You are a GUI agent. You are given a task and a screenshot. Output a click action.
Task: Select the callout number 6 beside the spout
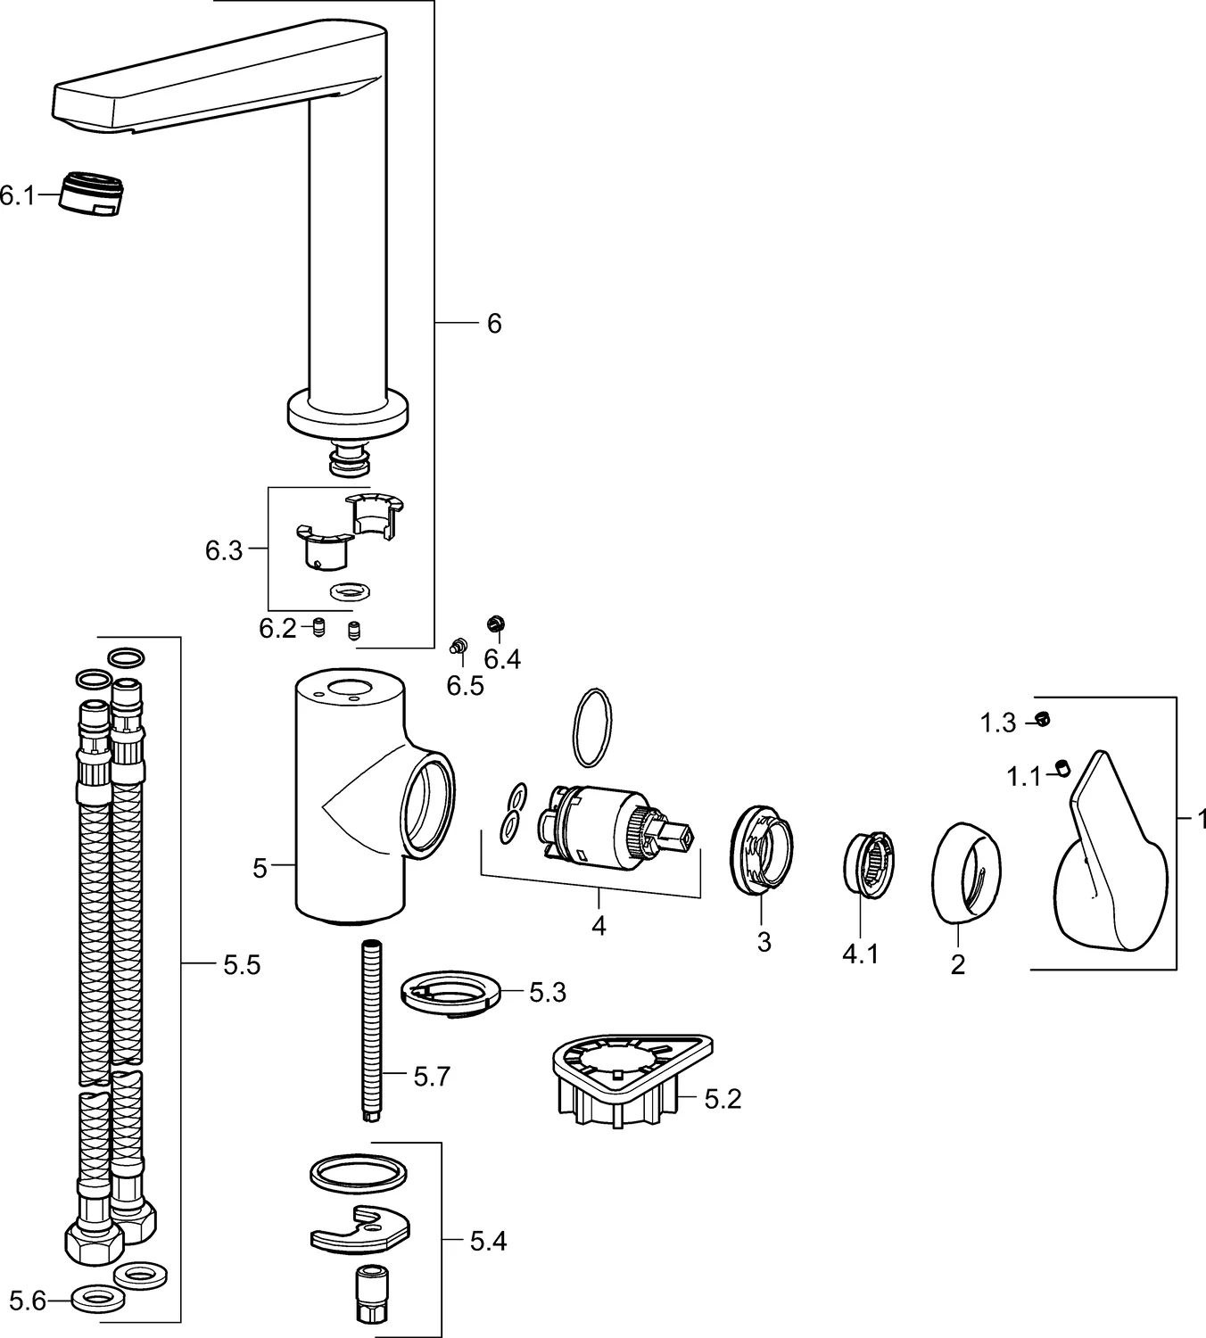[x=493, y=323]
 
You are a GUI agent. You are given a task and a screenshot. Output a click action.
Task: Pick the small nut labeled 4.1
[x=868, y=861]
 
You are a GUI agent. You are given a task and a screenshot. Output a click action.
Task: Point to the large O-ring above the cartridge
[x=591, y=726]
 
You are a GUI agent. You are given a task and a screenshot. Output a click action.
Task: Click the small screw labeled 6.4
[x=495, y=624]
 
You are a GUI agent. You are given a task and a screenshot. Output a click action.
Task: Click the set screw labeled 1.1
[x=1061, y=765]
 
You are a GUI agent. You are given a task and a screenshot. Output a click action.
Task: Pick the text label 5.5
[x=241, y=964]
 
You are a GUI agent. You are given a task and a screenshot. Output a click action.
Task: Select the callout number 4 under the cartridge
[x=599, y=925]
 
